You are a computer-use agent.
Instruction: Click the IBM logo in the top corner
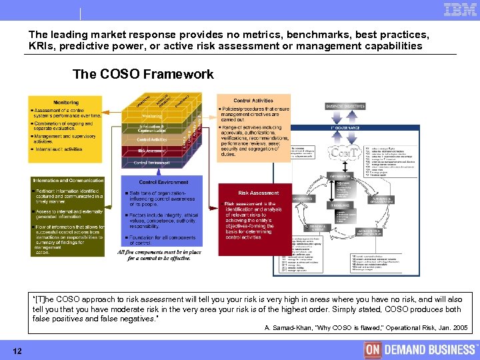459,9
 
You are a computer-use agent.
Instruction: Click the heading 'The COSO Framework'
143,74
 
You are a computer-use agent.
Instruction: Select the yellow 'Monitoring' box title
66,102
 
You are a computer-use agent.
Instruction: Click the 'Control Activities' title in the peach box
253,101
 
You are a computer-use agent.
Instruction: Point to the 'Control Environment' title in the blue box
163,182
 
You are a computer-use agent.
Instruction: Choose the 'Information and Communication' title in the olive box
68,181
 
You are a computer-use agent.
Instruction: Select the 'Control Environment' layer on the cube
153,163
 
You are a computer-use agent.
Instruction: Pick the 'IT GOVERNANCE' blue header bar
345,127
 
